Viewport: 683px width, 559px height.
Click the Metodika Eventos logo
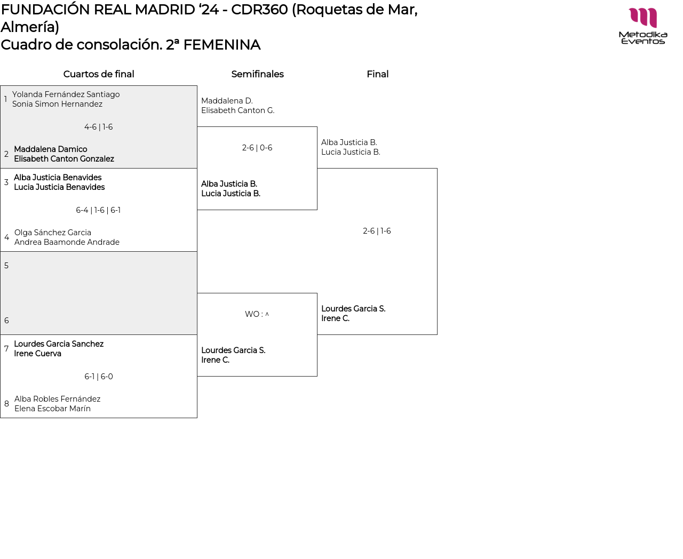click(643, 26)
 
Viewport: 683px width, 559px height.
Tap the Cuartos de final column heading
click(99, 74)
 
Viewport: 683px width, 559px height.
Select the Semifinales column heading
click(257, 74)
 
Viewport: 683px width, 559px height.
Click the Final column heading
click(377, 74)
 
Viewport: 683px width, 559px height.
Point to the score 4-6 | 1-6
click(99, 127)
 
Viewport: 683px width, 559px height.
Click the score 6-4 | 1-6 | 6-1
click(98, 210)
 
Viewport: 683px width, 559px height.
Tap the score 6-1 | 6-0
click(99, 377)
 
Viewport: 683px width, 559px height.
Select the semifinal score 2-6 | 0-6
click(257, 148)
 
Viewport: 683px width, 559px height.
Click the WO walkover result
click(257, 314)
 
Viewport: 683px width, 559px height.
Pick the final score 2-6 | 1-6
click(377, 231)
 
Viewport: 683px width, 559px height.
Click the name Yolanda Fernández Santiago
click(66, 94)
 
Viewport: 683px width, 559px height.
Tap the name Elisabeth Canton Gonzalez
click(64, 159)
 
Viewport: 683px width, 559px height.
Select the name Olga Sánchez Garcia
click(53, 233)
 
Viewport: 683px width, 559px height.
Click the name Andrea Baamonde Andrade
click(67, 242)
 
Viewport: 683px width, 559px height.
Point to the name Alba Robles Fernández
click(57, 399)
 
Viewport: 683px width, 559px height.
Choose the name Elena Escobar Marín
click(52, 409)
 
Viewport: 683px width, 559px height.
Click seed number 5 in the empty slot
click(6, 266)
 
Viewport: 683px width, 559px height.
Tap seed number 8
click(6, 404)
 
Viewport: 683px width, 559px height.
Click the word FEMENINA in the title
click(221, 45)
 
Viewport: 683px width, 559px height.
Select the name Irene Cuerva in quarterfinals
click(37, 354)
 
